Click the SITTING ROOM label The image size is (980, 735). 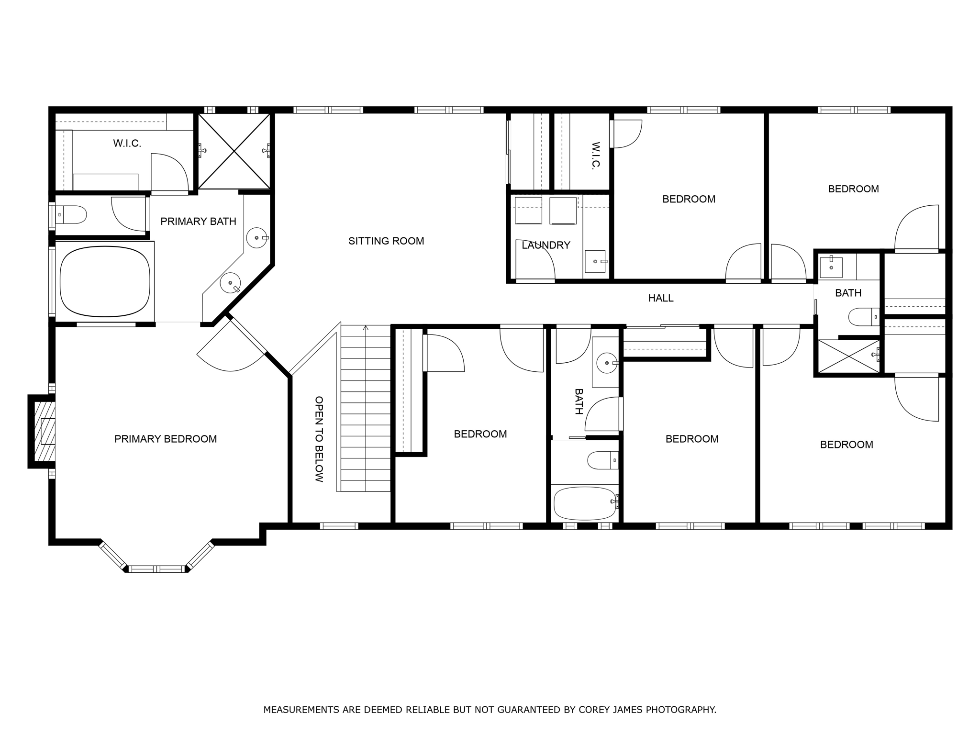(x=386, y=241)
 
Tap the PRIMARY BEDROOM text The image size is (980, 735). (x=166, y=439)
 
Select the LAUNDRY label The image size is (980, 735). (x=546, y=245)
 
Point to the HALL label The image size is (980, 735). (x=661, y=298)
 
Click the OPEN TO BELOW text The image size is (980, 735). (x=319, y=439)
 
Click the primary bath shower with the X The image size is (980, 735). (x=234, y=151)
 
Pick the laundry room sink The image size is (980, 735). (x=595, y=261)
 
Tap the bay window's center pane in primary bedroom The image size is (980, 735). (x=156, y=569)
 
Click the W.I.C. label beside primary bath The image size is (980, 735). (x=127, y=144)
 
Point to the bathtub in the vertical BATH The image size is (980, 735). (x=585, y=503)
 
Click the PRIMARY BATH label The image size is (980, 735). (x=198, y=222)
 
